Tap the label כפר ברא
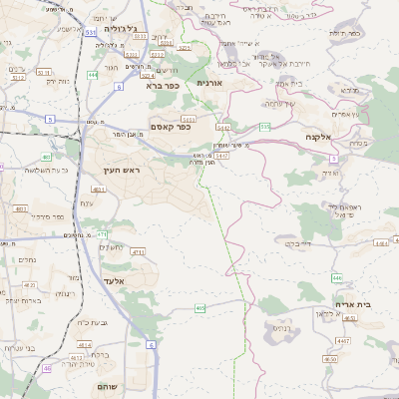[161, 86]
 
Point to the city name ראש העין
[124, 172]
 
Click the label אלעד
[118, 281]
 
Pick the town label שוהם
[108, 385]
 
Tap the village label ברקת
[100, 353]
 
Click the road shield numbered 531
[91, 33]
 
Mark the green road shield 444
[93, 74]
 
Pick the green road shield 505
[265, 127]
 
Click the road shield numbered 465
[200, 308]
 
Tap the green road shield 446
[337, 278]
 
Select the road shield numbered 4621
[98, 189]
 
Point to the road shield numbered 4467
[344, 341]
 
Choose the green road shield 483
[47, 157]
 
